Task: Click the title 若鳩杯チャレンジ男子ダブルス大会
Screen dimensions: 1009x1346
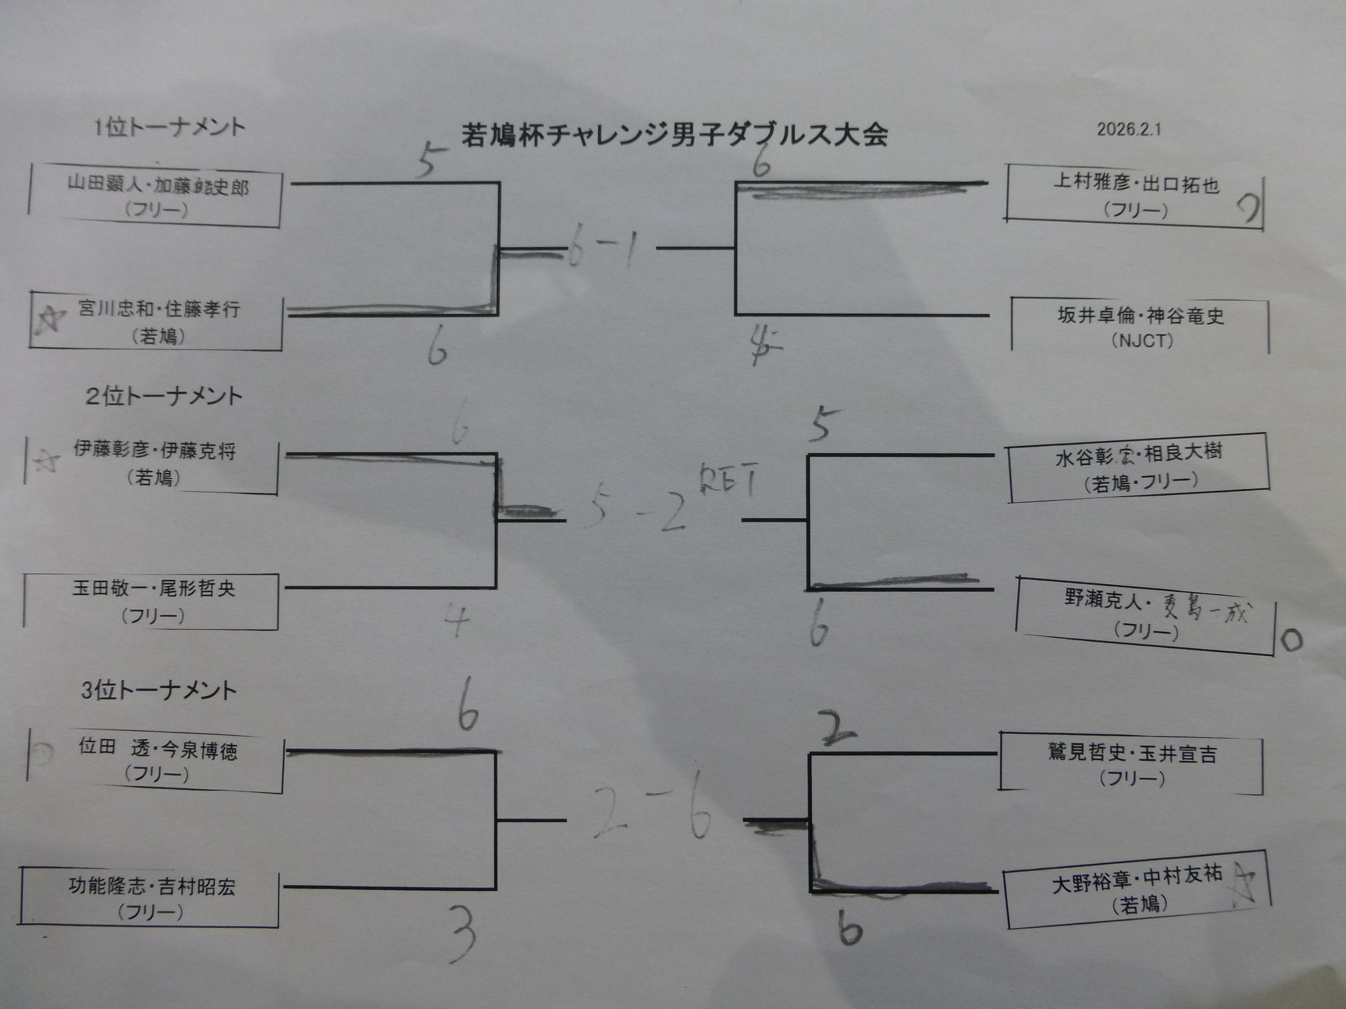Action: tap(674, 135)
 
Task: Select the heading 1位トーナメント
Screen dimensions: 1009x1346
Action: tap(169, 127)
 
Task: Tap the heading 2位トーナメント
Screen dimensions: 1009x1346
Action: tap(164, 397)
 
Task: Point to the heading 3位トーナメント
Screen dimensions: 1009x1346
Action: tap(159, 691)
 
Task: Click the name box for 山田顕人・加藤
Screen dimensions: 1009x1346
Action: tap(156, 197)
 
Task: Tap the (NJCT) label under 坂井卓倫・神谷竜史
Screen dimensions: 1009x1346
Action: tap(1142, 341)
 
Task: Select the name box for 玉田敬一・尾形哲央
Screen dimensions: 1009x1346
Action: tap(152, 602)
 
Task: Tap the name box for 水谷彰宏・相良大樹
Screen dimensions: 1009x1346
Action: tap(1138, 467)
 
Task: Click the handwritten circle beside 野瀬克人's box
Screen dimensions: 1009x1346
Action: tap(1290, 640)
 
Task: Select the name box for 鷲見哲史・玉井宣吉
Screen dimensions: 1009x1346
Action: tap(1132, 765)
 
